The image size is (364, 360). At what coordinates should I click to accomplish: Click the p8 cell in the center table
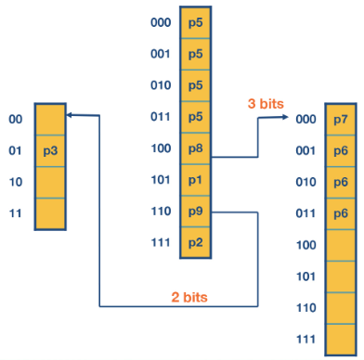[195, 148]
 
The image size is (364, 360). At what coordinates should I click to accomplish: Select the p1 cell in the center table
[195, 180]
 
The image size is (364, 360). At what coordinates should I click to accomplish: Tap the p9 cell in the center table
[195, 212]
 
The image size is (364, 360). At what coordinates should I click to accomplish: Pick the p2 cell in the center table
[195, 243]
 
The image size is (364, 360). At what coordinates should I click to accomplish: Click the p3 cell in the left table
[50, 150]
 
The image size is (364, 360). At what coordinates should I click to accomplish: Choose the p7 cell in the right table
[340, 120]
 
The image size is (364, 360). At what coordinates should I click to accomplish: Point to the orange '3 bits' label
[265, 104]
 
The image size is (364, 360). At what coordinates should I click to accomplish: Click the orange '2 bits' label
[188, 297]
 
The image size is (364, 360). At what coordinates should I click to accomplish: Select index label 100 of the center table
[161, 148]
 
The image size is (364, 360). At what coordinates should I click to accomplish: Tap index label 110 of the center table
[161, 212]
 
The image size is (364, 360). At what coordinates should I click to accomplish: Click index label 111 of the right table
[306, 339]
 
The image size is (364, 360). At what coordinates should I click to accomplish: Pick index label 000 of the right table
[306, 120]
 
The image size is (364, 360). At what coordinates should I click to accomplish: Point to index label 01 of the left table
[15, 150]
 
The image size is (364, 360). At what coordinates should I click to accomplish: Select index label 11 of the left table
[15, 213]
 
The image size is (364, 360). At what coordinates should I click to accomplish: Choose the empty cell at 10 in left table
[50, 182]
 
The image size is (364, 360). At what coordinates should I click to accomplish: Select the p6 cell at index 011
[340, 213]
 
